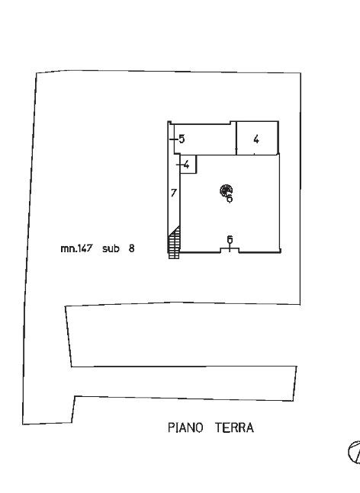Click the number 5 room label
[182, 139]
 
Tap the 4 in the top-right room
[256, 139]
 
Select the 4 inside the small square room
[187, 165]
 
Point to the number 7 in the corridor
[174, 193]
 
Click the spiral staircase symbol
[226, 190]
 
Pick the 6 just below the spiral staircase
[230, 198]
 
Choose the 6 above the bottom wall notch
[230, 239]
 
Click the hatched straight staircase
[175, 242]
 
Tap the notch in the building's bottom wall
[230, 250]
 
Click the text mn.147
[76, 248]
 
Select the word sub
[111, 248]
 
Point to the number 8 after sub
[131, 248]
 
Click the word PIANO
[185, 427]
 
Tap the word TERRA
[234, 427]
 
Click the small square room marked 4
[188, 164]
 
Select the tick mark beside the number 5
[174, 139]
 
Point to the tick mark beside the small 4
[180, 165]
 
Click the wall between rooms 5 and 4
[236, 138]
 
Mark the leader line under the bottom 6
[230, 248]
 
